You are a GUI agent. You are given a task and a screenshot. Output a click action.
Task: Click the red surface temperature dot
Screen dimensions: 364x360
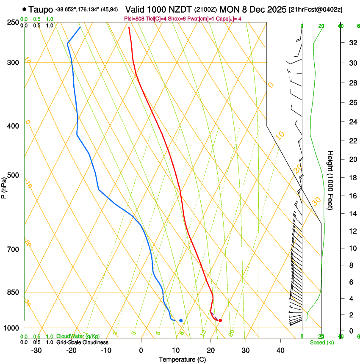pos(220,320)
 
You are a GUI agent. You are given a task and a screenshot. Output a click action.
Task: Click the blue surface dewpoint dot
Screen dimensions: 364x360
pos(181,320)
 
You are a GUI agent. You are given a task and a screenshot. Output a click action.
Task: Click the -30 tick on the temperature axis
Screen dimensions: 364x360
pos(36,350)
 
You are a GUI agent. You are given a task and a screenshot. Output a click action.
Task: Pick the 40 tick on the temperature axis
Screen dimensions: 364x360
pos(280,350)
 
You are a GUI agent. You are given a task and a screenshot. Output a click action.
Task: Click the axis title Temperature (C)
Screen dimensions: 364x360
pos(182,359)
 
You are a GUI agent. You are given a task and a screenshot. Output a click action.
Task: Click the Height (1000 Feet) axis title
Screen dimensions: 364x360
pos(330,180)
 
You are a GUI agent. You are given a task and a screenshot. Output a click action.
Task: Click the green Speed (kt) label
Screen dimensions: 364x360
pos(321,342)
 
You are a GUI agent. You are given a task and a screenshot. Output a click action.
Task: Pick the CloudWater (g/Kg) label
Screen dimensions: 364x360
pos(78,336)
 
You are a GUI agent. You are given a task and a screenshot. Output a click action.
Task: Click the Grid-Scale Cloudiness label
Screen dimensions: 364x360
pos(82,342)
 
